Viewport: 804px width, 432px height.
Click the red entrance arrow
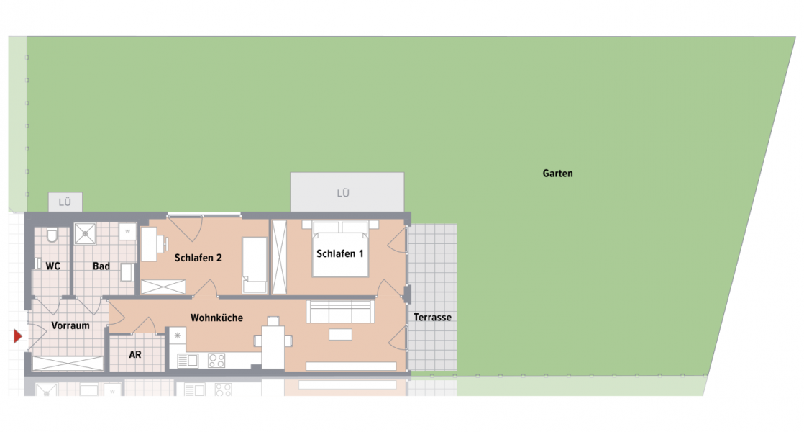(18, 336)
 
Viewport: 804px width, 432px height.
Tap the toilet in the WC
(50, 237)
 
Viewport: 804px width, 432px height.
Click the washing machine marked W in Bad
(127, 232)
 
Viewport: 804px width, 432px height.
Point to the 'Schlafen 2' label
(198, 258)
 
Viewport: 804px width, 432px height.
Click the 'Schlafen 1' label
(340, 253)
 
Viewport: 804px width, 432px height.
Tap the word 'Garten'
(558, 174)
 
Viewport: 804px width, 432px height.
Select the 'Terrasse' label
(432, 318)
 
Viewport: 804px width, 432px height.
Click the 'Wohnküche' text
(216, 318)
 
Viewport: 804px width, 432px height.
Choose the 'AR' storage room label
(135, 355)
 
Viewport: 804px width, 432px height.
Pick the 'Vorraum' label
(70, 325)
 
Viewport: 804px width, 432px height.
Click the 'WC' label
(52, 266)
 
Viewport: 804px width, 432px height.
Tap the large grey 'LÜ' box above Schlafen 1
(347, 192)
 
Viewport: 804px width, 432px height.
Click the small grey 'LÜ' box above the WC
(65, 202)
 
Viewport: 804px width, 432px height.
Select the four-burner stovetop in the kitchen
(217, 360)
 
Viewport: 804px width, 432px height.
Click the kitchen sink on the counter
(188, 361)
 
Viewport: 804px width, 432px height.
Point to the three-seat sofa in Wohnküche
(340, 312)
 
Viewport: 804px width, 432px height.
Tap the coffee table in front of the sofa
(341, 335)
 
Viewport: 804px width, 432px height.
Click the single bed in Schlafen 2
(255, 266)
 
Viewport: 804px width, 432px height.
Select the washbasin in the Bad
(127, 272)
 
